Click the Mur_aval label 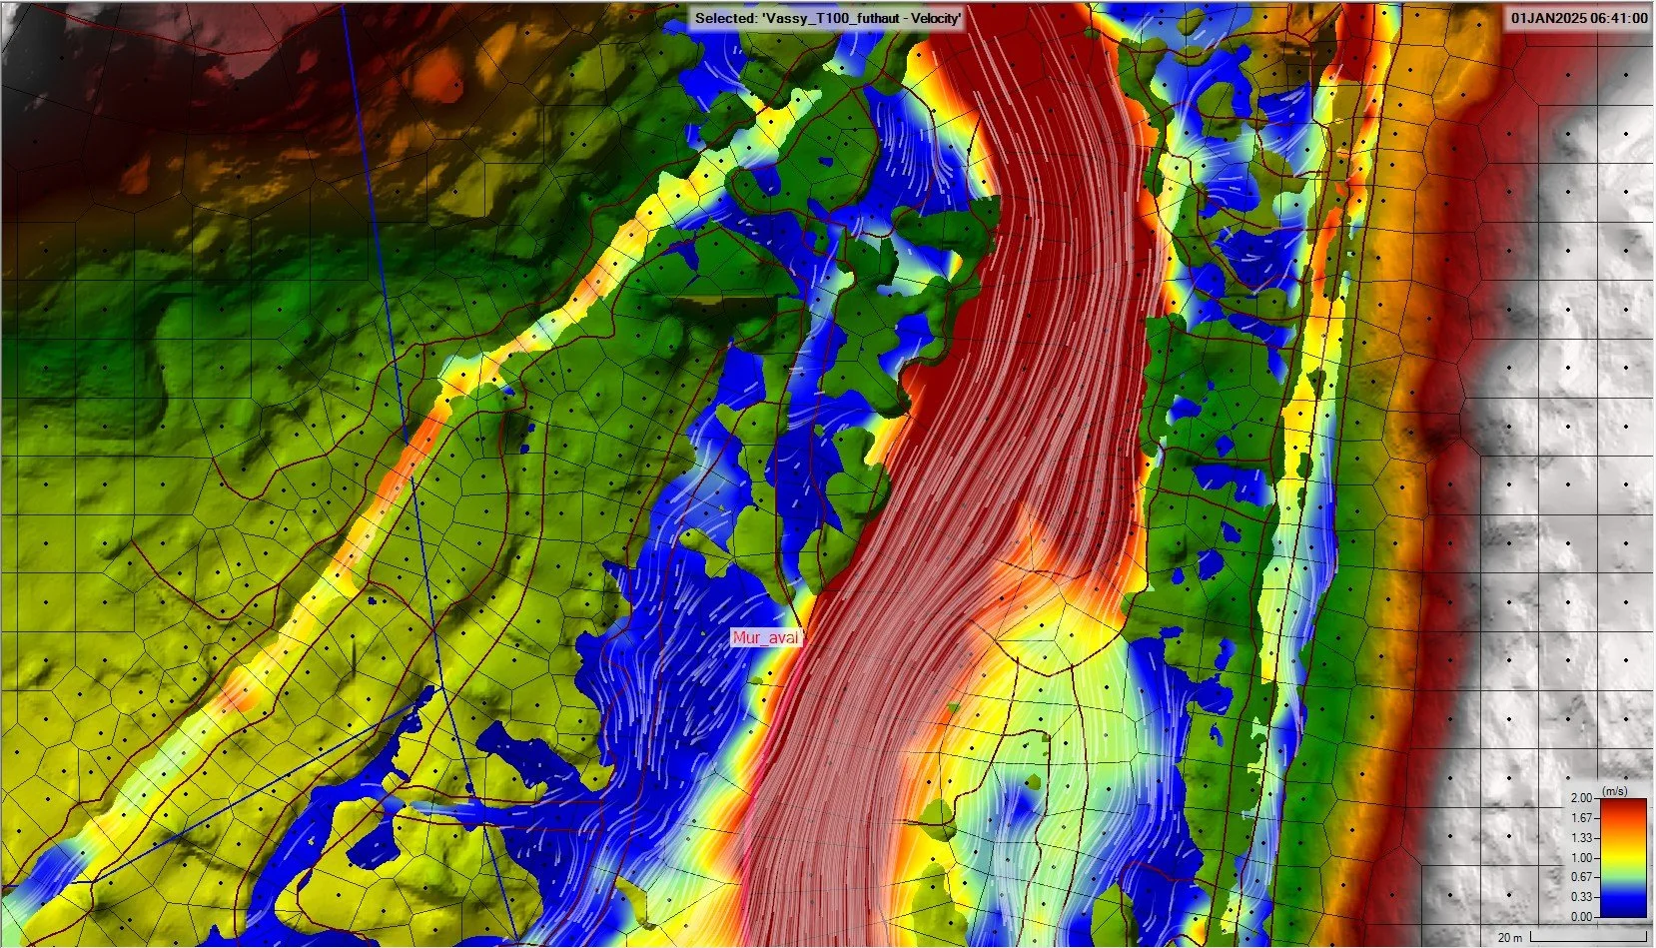pos(766,638)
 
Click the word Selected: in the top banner pos(725,18)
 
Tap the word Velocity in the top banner pos(932,18)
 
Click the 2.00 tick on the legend pos(1581,799)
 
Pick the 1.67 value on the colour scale pos(1581,819)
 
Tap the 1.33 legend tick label pos(1581,839)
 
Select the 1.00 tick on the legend pos(1581,858)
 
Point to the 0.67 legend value pos(1581,878)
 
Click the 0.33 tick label pos(1581,897)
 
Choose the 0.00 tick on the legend pos(1581,916)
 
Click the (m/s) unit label pos(1614,790)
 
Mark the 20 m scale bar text pos(1510,937)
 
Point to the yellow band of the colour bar pos(1623,851)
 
